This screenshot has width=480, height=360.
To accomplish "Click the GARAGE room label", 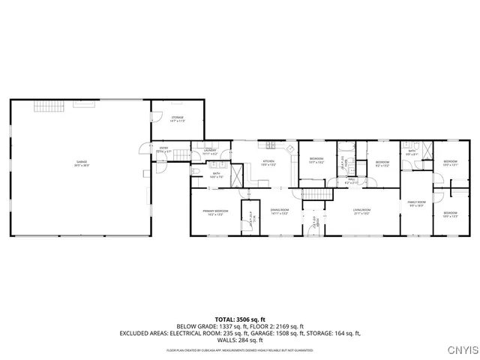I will [x=81, y=163].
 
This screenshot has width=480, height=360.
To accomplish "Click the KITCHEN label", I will [x=268, y=163].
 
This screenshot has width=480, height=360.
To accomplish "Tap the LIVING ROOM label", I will [x=363, y=211].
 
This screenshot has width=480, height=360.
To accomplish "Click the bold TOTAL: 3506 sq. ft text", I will [x=239, y=319].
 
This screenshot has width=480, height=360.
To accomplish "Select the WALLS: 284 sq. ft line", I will [x=239, y=340].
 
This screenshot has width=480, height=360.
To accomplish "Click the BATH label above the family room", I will [x=412, y=152].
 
